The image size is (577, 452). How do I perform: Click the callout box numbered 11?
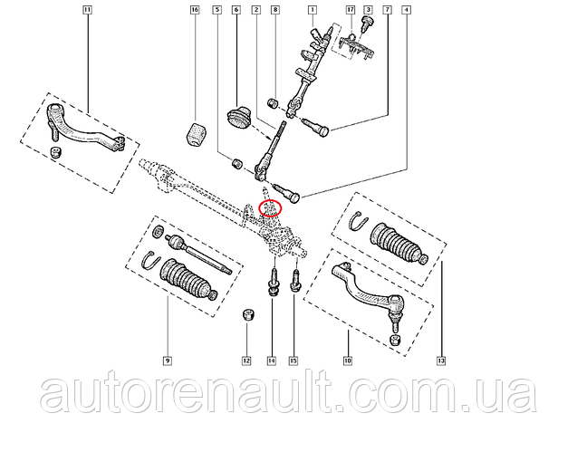click(x=87, y=10)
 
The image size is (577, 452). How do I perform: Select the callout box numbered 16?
click(x=195, y=10)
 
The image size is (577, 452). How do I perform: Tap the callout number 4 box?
click(x=406, y=10)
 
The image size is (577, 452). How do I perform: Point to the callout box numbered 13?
click(x=441, y=361)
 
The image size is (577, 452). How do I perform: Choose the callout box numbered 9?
click(x=167, y=361)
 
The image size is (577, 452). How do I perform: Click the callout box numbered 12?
click(x=246, y=361)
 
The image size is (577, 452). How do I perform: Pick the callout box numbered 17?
click(x=351, y=10)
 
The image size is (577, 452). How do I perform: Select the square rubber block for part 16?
click(x=197, y=134)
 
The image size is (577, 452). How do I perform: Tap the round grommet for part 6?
click(x=237, y=117)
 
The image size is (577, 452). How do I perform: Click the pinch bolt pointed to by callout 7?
click(x=315, y=127)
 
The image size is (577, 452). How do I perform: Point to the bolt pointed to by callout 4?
click(x=288, y=192)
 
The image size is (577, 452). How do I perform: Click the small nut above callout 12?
click(x=249, y=315)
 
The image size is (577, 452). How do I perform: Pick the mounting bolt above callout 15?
click(x=295, y=281)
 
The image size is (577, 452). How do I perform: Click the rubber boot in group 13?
click(x=399, y=243)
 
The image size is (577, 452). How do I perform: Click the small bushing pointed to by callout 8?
click(x=274, y=103)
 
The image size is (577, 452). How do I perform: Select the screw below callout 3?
click(x=367, y=23)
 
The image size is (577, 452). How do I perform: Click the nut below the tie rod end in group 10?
click(x=395, y=340)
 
